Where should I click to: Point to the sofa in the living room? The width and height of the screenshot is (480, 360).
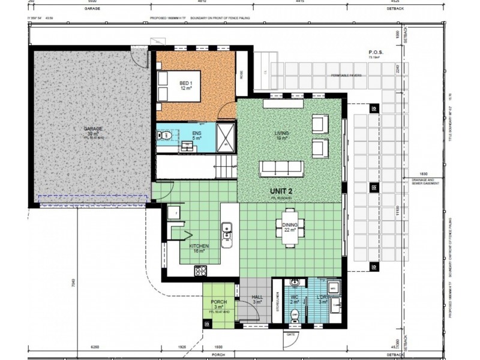pyautogui.click(x=281, y=169)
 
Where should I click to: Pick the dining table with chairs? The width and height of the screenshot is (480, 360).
pyautogui.click(x=290, y=226)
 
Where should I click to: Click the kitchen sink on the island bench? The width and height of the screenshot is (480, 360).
pyautogui.click(x=227, y=229)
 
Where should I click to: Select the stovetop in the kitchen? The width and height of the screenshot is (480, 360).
pyautogui.click(x=200, y=271)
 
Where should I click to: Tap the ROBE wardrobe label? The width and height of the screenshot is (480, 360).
pyautogui.click(x=242, y=76)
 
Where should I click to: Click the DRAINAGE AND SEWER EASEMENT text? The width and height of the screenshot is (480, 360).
pyautogui.click(x=428, y=181)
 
